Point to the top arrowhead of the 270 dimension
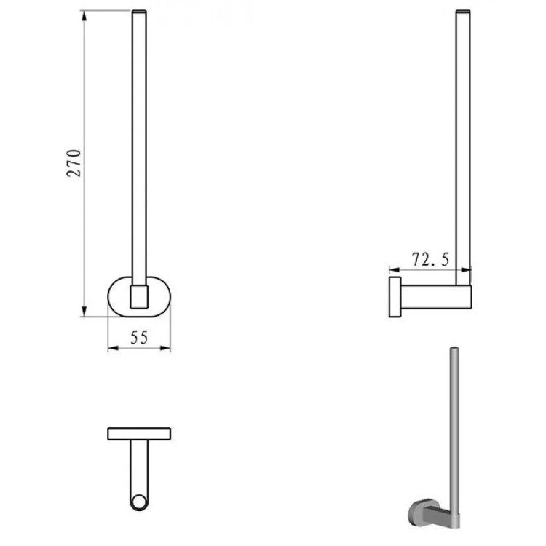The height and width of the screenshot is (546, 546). click(84, 15)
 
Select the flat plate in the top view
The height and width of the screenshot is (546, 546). click(139, 434)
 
